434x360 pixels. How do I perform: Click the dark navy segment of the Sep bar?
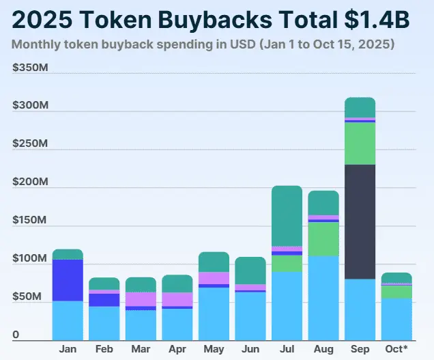pos(360,221)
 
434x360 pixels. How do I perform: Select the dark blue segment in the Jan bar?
pos(68,280)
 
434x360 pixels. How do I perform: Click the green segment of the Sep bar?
pos(360,143)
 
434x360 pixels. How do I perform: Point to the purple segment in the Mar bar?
pos(141,299)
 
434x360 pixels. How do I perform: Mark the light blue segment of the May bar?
pos(214,314)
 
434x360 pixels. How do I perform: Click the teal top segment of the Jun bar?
pos(250,271)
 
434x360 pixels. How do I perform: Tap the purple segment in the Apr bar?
pos(177,299)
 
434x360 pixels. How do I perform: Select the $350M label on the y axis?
pos(29,68)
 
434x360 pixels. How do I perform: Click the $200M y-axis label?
pos(29,183)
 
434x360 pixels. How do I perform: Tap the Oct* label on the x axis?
pos(396,350)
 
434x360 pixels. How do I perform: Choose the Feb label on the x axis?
pos(104,350)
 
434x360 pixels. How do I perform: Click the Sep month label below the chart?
pos(360,350)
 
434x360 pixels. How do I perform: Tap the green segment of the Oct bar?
pos(396,292)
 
